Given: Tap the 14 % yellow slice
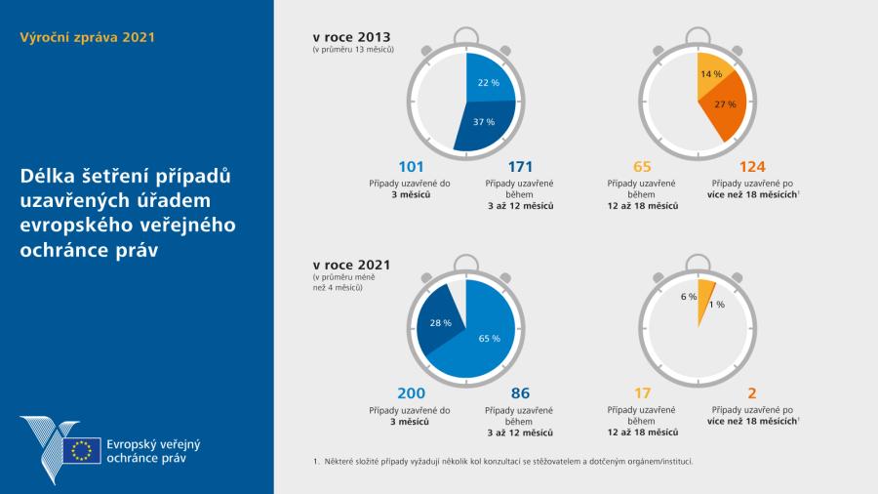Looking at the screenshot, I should pyautogui.click(x=710, y=75).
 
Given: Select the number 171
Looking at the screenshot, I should pyautogui.click(x=520, y=167).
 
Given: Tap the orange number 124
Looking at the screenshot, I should pyautogui.click(x=752, y=167).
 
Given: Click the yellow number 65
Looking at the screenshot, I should pyautogui.click(x=642, y=167).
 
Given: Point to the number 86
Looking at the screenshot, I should pyautogui.click(x=520, y=393).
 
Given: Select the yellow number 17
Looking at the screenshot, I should pyautogui.click(x=642, y=393).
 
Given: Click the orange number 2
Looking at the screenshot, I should pyautogui.click(x=752, y=393).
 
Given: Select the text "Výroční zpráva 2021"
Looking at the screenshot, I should pyautogui.click(x=87, y=37).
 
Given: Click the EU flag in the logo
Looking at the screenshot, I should pyautogui.click(x=81, y=450).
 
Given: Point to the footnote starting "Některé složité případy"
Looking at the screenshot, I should pyautogui.click(x=507, y=461).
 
